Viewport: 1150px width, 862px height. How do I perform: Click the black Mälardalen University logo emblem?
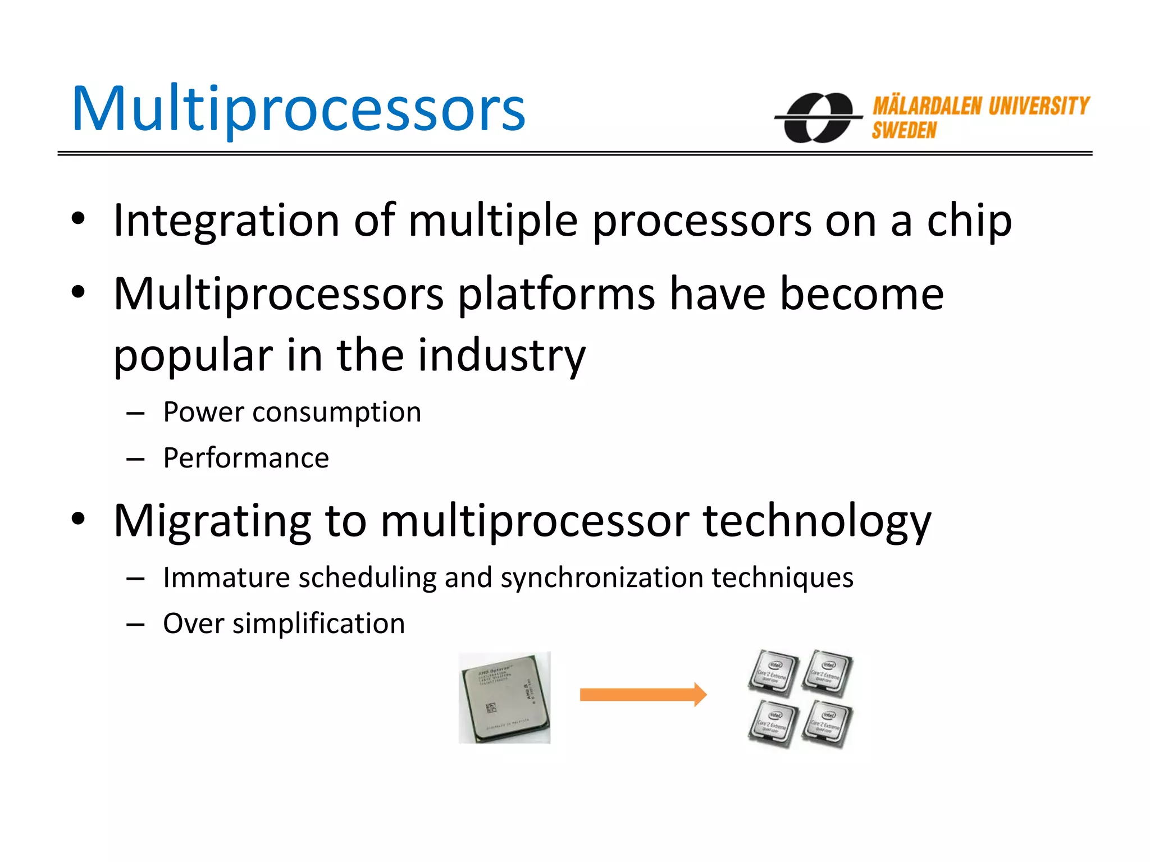[818, 118]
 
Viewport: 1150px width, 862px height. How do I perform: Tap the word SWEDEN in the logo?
[904, 131]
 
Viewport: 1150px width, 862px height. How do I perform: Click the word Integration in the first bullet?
[226, 220]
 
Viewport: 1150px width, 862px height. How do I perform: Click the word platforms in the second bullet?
[556, 294]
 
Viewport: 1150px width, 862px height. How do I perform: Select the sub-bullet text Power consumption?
[292, 412]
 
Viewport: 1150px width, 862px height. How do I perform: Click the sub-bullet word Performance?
[246, 458]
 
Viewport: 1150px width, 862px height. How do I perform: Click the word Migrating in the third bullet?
[212, 521]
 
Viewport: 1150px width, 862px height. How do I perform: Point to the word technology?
[816, 521]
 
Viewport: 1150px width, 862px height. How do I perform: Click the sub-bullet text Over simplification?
[284, 623]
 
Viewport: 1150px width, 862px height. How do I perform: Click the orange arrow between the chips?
[642, 695]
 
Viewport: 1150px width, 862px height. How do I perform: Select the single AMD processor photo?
[504, 698]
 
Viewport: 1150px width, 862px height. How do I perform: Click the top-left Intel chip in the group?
[773, 672]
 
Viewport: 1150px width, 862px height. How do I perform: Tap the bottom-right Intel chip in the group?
[827, 725]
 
